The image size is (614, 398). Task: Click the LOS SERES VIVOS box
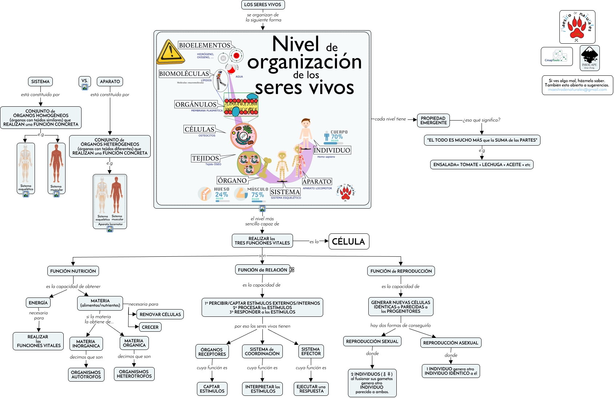[x=263, y=5]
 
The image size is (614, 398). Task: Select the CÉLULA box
[x=349, y=241]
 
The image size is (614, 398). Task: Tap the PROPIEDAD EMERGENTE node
[x=433, y=121]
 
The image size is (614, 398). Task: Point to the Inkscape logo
[x=589, y=58]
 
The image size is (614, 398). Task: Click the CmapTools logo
[x=556, y=56]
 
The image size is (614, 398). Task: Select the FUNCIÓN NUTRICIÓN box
[x=73, y=271]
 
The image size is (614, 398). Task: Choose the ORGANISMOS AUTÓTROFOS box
[x=86, y=375]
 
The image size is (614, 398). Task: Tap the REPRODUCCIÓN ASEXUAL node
[x=451, y=343]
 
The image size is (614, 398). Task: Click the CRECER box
[x=150, y=327]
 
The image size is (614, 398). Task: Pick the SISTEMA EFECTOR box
[x=311, y=351]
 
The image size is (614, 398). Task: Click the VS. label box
[x=85, y=81]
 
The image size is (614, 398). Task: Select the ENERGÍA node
[x=38, y=303]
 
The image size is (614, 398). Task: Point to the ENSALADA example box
[x=482, y=165]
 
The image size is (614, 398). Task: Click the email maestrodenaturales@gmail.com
[x=577, y=90]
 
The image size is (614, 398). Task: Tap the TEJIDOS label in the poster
[x=206, y=158]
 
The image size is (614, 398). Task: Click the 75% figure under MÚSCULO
[x=258, y=195]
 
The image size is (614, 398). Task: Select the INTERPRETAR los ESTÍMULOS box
[x=262, y=389]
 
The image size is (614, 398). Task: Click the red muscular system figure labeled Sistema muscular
[x=56, y=164]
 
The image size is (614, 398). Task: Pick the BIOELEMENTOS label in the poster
[x=205, y=46]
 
